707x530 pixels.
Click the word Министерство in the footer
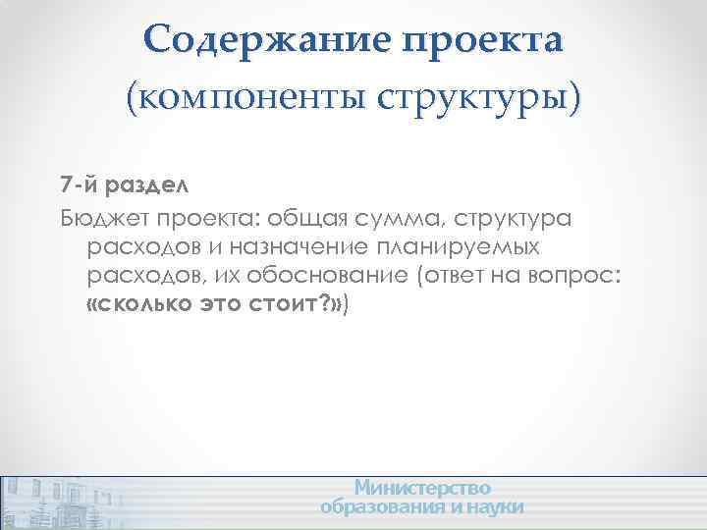[x=422, y=488]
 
